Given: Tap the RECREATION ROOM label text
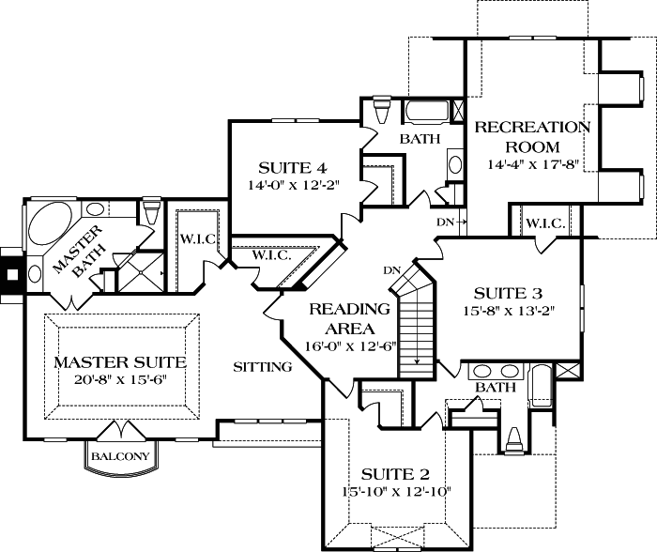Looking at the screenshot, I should (x=532, y=137).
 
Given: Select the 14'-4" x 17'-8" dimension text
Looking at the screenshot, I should (x=532, y=164).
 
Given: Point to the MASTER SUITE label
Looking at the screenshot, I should (x=119, y=361).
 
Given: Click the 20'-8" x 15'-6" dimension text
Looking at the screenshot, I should (x=119, y=380).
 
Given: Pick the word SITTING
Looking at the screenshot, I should (x=263, y=367).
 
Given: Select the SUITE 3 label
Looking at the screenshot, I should (x=508, y=292).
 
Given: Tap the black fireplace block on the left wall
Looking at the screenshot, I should (x=12, y=274).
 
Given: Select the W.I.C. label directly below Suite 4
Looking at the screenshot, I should (x=270, y=254).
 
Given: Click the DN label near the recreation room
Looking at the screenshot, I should (x=447, y=222).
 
